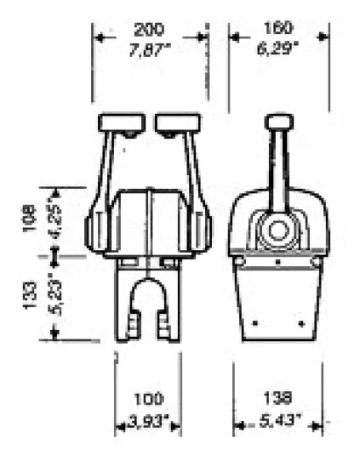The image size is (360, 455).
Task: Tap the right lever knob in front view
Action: [175, 124]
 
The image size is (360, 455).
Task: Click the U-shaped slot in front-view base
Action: [147, 306]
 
